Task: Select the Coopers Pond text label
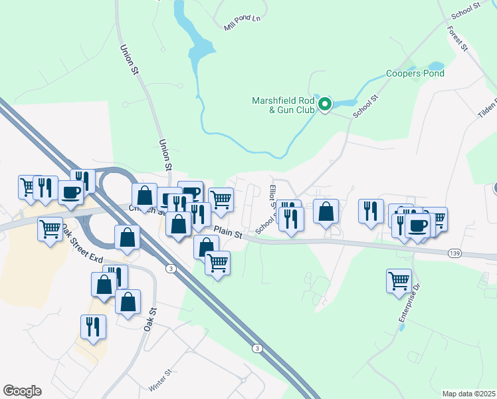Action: coord(415,74)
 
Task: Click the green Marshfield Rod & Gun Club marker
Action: coord(325,104)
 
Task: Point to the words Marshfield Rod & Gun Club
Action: coord(282,106)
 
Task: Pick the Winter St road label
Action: coord(161,380)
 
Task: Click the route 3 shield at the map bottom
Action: coord(256,348)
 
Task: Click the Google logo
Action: coord(22,391)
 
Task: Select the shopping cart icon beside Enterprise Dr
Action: coord(399,280)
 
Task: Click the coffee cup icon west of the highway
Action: coord(71,192)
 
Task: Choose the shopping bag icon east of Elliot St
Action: coord(326,211)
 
